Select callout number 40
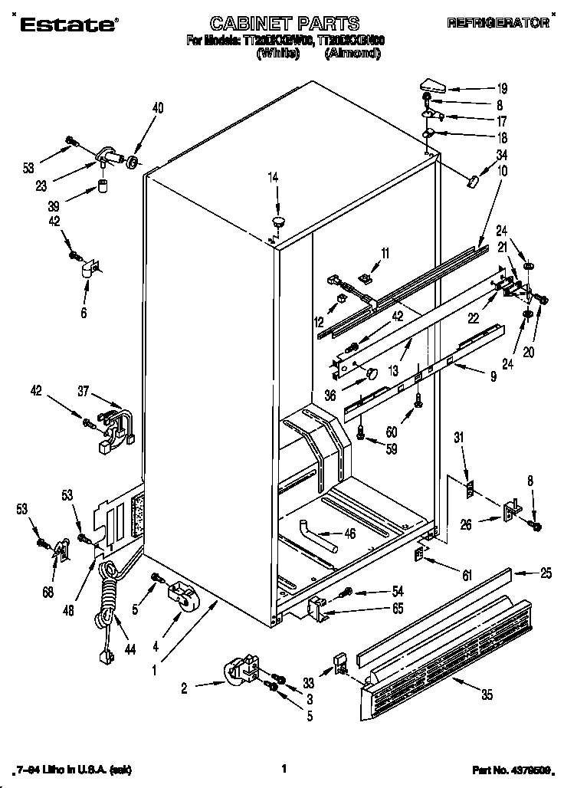[x=157, y=108]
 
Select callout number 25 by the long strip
[x=546, y=572]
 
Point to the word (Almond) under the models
[x=352, y=54]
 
